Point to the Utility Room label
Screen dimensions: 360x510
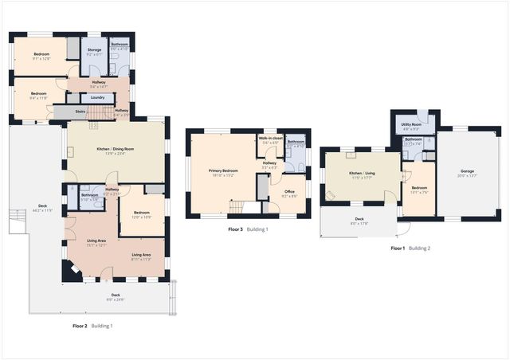[x=411, y=125]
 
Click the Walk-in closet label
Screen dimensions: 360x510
[x=270, y=139]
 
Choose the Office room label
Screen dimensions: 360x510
[x=288, y=191]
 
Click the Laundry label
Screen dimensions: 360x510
[x=98, y=97]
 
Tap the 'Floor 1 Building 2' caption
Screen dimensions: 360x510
[x=410, y=248]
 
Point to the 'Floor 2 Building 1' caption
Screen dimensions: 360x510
[x=92, y=326]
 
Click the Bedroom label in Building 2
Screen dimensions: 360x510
[x=419, y=188]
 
